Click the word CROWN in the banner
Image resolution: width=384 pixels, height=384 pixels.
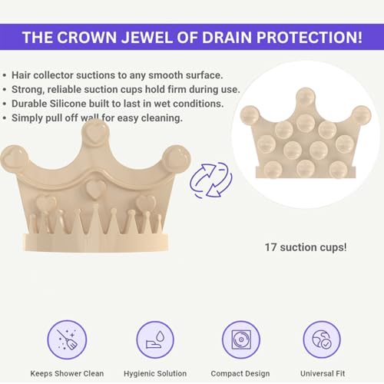coord(87,38)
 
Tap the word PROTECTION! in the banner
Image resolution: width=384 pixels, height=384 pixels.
coord(310,38)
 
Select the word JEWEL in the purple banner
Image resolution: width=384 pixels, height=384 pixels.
coord(147,38)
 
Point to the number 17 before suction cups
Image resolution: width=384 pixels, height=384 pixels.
coord(270,247)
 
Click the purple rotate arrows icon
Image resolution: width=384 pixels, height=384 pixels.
coord(211,180)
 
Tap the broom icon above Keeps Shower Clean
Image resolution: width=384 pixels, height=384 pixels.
coord(67,339)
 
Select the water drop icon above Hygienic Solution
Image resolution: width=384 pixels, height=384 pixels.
coord(155,339)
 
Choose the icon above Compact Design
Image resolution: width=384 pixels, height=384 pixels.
coord(241,339)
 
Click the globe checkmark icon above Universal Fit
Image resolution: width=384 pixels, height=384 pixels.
coord(322,339)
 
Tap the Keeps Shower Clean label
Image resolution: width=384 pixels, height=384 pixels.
coord(67,373)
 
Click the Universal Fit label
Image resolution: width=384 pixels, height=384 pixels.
coord(323,373)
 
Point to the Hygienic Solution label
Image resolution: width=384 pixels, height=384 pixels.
coord(155,373)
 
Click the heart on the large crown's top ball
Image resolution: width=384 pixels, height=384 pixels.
coord(95,134)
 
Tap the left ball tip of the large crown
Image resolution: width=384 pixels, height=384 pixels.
coord(14,158)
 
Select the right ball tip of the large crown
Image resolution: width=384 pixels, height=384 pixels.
coord(177,158)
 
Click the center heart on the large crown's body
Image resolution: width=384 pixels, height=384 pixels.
coord(96,189)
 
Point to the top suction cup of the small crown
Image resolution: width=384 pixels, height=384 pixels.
coord(306,97)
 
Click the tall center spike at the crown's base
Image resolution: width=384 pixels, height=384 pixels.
coord(95,219)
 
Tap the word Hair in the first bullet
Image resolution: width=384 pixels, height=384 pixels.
coord(22,75)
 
